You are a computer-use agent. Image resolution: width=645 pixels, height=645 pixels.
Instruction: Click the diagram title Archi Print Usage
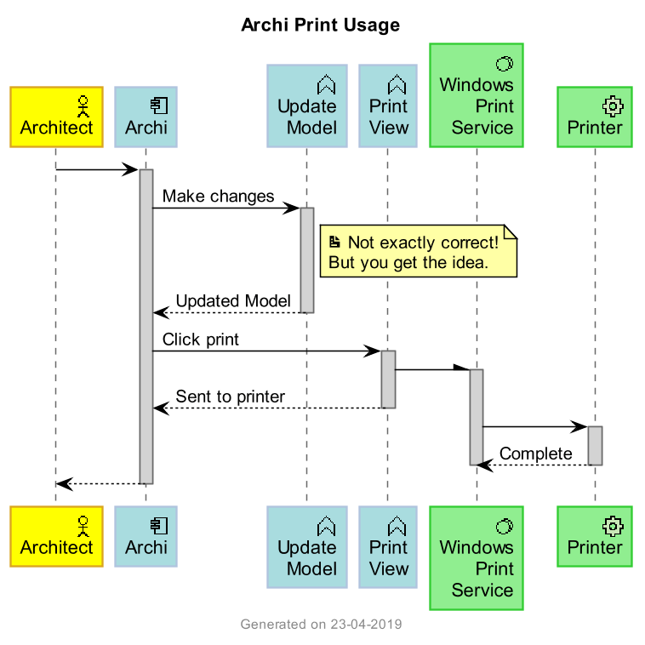click(320, 26)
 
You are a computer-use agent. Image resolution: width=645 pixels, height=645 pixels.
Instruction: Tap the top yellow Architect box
click(56, 117)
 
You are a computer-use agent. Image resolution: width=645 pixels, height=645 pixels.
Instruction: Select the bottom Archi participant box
click(146, 536)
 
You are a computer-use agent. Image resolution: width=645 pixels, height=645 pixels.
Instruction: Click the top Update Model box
click(307, 106)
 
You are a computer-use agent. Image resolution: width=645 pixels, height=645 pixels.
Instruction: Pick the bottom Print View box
click(388, 547)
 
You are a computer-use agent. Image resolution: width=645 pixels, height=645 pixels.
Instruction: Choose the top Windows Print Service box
click(477, 95)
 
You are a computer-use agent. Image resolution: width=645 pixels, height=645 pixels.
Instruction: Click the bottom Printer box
click(595, 536)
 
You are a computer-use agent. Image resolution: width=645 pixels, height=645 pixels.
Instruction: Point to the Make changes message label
click(218, 197)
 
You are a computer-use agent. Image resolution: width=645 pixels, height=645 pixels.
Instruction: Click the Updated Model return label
click(233, 301)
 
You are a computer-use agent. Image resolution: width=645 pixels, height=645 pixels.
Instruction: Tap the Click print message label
click(200, 340)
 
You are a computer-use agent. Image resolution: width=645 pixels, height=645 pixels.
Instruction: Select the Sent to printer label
click(230, 397)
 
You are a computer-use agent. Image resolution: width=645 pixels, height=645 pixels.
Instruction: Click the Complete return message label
click(535, 454)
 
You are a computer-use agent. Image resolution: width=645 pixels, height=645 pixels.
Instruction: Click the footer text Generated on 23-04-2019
click(321, 625)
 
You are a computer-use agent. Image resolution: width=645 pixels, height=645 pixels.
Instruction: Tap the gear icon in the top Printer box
click(613, 106)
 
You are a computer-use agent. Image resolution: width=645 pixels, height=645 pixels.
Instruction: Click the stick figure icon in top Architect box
click(83, 106)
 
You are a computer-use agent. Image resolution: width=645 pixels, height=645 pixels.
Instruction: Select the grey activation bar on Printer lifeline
click(595, 445)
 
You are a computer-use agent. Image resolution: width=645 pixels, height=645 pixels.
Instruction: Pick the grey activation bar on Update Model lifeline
click(307, 260)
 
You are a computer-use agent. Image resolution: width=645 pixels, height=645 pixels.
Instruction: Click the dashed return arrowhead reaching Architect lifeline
click(61, 483)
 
